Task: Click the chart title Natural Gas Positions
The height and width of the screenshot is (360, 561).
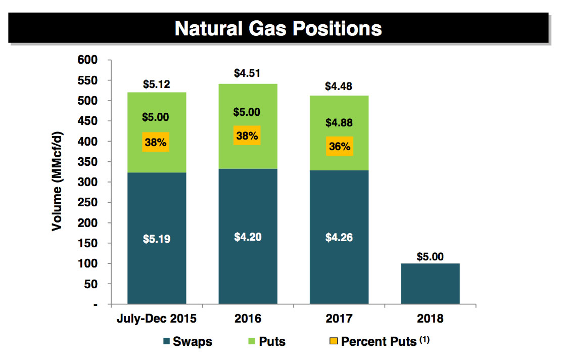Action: (278, 28)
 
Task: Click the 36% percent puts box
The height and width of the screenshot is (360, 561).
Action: (339, 146)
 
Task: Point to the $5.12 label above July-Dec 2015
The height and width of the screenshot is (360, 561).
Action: (157, 84)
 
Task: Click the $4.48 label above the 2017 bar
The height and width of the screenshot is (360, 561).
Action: (339, 86)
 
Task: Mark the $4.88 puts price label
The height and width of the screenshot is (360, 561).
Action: (339, 122)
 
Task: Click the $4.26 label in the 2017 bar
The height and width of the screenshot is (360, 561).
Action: (339, 238)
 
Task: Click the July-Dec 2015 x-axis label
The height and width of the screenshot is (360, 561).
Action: (157, 319)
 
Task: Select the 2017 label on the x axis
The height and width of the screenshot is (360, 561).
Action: (339, 319)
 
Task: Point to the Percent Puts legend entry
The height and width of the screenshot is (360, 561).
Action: (379, 341)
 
